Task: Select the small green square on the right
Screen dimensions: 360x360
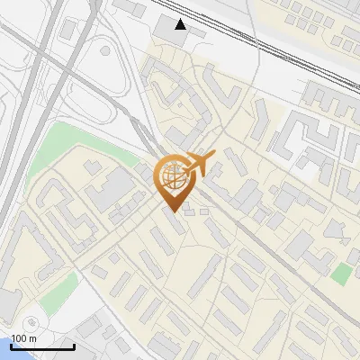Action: [340, 272]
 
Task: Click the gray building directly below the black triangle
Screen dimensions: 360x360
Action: [166, 30]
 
